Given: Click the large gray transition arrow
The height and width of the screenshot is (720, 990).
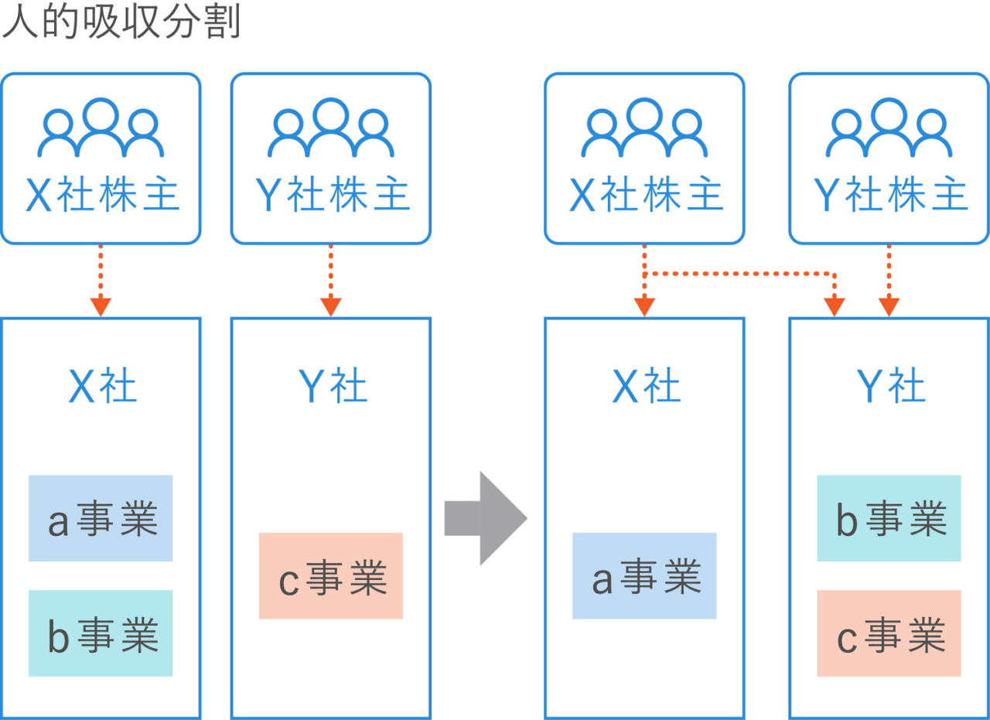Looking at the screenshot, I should (x=486, y=517).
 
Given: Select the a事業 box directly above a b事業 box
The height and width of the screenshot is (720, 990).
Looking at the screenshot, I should (x=101, y=518).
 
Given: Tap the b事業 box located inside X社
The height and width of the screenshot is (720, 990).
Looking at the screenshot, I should (x=101, y=633).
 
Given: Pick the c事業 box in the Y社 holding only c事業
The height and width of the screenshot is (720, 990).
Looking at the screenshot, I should (x=331, y=576).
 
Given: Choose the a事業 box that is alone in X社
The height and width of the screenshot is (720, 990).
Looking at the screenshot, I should (x=644, y=576).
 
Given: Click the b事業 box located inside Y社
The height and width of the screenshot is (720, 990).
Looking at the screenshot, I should (x=889, y=518).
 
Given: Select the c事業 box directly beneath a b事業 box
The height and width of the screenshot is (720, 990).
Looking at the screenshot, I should (x=889, y=633).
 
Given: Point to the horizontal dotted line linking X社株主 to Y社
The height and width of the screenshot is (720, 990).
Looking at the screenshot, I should (x=739, y=274).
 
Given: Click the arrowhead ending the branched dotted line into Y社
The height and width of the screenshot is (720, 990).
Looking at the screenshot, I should (x=834, y=308).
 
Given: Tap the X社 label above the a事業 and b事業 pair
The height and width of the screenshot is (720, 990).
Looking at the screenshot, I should (x=103, y=386).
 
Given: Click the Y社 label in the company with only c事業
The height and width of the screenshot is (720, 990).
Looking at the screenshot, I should (x=333, y=386).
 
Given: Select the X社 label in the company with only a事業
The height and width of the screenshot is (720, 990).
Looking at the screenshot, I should (x=647, y=386).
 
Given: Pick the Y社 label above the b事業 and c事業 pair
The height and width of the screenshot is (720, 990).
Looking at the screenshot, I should (x=891, y=386).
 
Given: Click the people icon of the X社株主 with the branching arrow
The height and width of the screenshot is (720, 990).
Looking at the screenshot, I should (x=644, y=128).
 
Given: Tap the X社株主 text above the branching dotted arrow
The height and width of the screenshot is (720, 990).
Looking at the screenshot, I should (x=645, y=196).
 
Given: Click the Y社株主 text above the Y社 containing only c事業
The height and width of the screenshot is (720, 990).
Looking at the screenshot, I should (x=332, y=196).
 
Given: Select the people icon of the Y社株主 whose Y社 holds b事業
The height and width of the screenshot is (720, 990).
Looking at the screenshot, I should (x=889, y=128).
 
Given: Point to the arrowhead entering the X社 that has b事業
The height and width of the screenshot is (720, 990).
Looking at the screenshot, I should (x=101, y=307).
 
